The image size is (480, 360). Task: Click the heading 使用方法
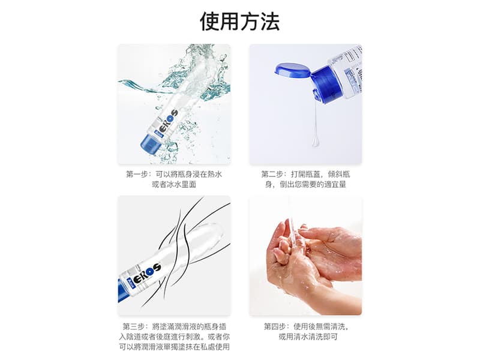coord(239,22)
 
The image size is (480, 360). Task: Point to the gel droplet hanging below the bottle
coord(316,141)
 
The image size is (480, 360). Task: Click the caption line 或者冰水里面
coord(174,184)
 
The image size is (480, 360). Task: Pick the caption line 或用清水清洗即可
coord(308,337)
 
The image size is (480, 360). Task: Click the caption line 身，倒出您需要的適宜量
coord(305,184)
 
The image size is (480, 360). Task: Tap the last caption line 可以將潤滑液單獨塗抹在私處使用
coord(174,347)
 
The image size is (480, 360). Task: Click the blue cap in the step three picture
coord(122,290)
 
